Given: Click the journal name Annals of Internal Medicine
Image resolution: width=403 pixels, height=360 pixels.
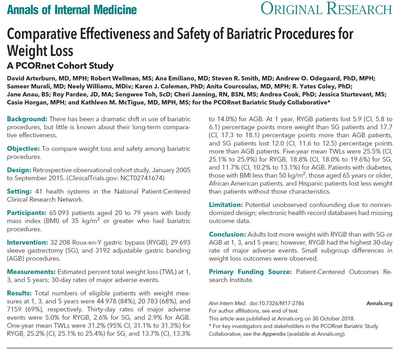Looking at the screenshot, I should pyautogui.click(x=72, y=9).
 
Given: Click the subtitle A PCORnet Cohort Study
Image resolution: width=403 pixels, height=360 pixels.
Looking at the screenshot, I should pyautogui.click(x=60, y=66).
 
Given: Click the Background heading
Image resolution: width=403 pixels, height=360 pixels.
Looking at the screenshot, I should pyautogui.click(x=27, y=119).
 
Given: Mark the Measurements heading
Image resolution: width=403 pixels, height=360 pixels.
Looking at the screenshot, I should pyautogui.click(x=31, y=272).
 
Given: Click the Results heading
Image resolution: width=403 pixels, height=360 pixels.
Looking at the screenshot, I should pyautogui.click(x=19, y=293).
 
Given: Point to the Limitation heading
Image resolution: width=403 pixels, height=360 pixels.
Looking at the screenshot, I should pyautogui.click(x=225, y=205).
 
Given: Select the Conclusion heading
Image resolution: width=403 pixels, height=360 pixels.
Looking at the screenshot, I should pyautogui.click(x=227, y=234).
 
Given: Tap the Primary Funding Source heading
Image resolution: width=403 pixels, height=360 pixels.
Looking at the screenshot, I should pyautogui.click(x=250, y=272).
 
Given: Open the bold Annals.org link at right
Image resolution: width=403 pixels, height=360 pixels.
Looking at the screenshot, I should pyautogui.click(x=379, y=303).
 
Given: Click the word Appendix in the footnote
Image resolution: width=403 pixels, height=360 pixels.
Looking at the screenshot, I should pyautogui.click(x=274, y=334).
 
